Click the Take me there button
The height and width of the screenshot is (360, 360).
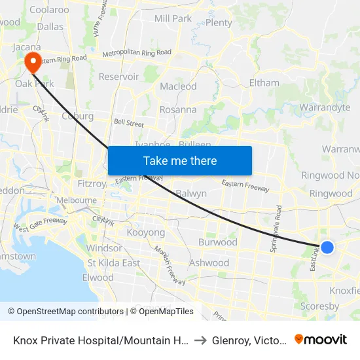pos(180,160)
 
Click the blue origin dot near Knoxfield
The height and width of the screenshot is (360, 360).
pos(327,247)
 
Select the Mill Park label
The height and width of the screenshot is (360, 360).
pos(173,18)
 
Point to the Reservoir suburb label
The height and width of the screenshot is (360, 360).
pos(118,77)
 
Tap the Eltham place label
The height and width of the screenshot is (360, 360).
pos(264,83)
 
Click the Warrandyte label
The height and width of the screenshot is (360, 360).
pos(325,107)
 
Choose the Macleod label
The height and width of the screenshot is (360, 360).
pos(178,86)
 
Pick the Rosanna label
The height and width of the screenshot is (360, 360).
pos(178,109)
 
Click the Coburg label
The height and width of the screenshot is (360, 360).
pos(77,117)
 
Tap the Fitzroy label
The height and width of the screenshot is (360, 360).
pos(91,184)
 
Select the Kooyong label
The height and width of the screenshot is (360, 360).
pos(145,232)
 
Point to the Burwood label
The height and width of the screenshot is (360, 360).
pos(218,242)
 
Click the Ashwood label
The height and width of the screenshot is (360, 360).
pos(209,262)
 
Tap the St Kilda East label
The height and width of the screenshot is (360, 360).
pos(114,263)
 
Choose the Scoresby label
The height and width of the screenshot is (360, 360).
pos(319,306)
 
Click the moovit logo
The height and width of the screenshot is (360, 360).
pos(321,339)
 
